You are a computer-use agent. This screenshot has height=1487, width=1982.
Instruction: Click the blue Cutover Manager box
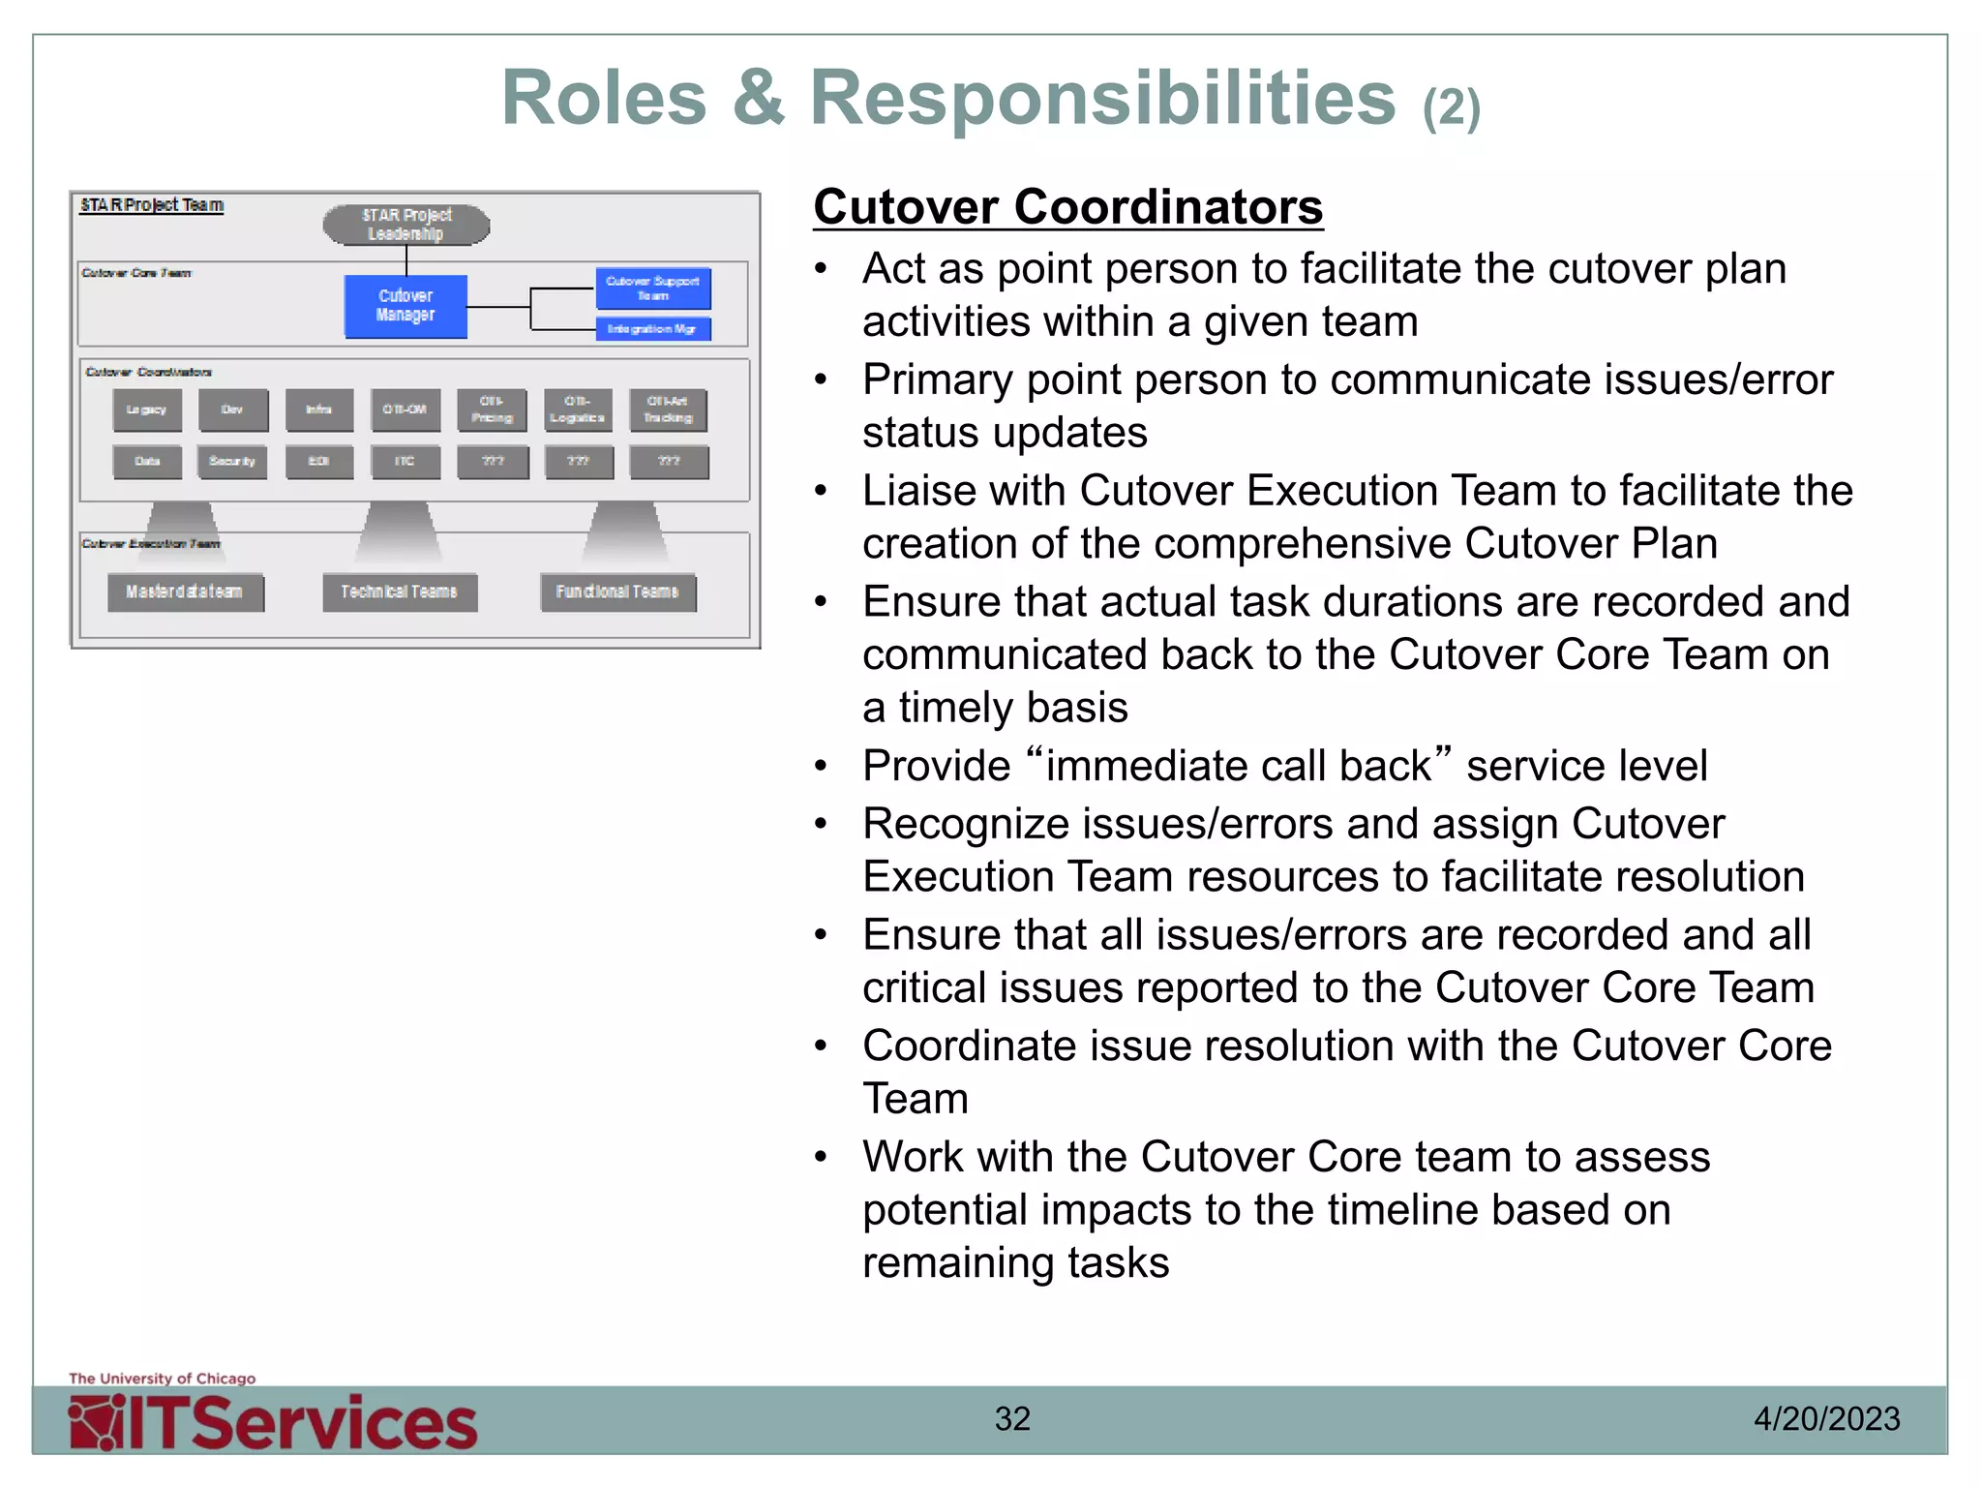[405, 306]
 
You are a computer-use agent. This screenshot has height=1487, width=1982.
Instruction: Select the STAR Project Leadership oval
[406, 225]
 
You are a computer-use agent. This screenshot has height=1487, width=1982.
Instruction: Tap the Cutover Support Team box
[653, 288]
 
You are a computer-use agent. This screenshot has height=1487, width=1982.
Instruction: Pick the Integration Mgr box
[653, 329]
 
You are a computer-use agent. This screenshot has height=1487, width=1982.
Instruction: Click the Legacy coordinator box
[147, 410]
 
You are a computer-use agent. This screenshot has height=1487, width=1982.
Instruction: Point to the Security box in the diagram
[232, 462]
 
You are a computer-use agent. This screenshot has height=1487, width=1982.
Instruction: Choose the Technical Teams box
[400, 592]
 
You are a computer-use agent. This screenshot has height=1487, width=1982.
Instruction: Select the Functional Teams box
[617, 592]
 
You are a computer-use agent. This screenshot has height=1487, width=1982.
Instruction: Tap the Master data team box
[185, 592]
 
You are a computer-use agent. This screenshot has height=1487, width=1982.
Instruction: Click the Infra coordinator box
[319, 410]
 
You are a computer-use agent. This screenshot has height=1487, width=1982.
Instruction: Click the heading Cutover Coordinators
[1067, 207]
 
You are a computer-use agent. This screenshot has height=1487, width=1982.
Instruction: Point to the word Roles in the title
[604, 99]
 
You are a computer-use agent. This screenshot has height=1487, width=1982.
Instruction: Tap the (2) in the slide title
[1451, 108]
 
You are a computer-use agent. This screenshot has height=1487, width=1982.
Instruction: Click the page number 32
[1012, 1419]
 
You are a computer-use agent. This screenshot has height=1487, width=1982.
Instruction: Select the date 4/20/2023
[1826, 1419]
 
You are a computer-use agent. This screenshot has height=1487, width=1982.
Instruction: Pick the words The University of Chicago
[163, 1379]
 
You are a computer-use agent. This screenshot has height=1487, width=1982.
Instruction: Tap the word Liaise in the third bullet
[933, 491]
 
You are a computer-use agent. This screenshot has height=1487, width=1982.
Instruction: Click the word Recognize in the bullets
[966, 824]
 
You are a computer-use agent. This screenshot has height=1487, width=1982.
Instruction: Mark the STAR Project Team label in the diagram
[152, 205]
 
